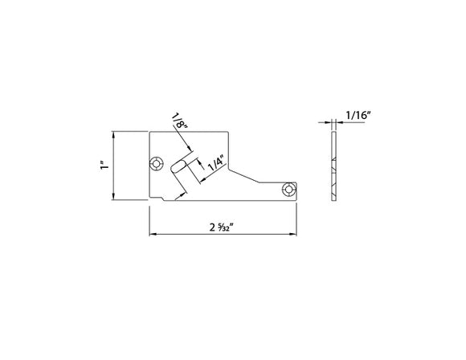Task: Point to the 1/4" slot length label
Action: [215, 163]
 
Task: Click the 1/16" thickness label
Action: [357, 116]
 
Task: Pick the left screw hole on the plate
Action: [157, 163]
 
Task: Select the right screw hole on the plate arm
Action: [287, 190]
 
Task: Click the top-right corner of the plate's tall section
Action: [230, 130]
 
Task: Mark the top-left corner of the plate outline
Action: [149, 130]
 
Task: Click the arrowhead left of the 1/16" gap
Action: [330, 122]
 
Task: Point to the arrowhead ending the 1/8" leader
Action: [191, 149]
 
